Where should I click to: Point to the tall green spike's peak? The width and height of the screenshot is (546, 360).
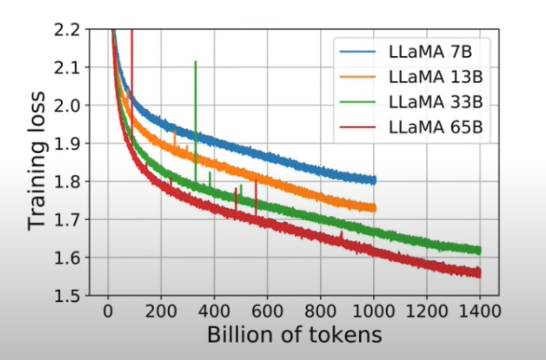[x=196, y=61]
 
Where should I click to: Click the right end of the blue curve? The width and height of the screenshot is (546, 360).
[x=374, y=180]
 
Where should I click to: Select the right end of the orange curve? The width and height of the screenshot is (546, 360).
[x=374, y=208]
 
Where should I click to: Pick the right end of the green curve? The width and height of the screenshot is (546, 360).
[x=479, y=250]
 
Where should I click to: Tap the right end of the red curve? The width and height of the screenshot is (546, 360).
[x=479, y=273]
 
